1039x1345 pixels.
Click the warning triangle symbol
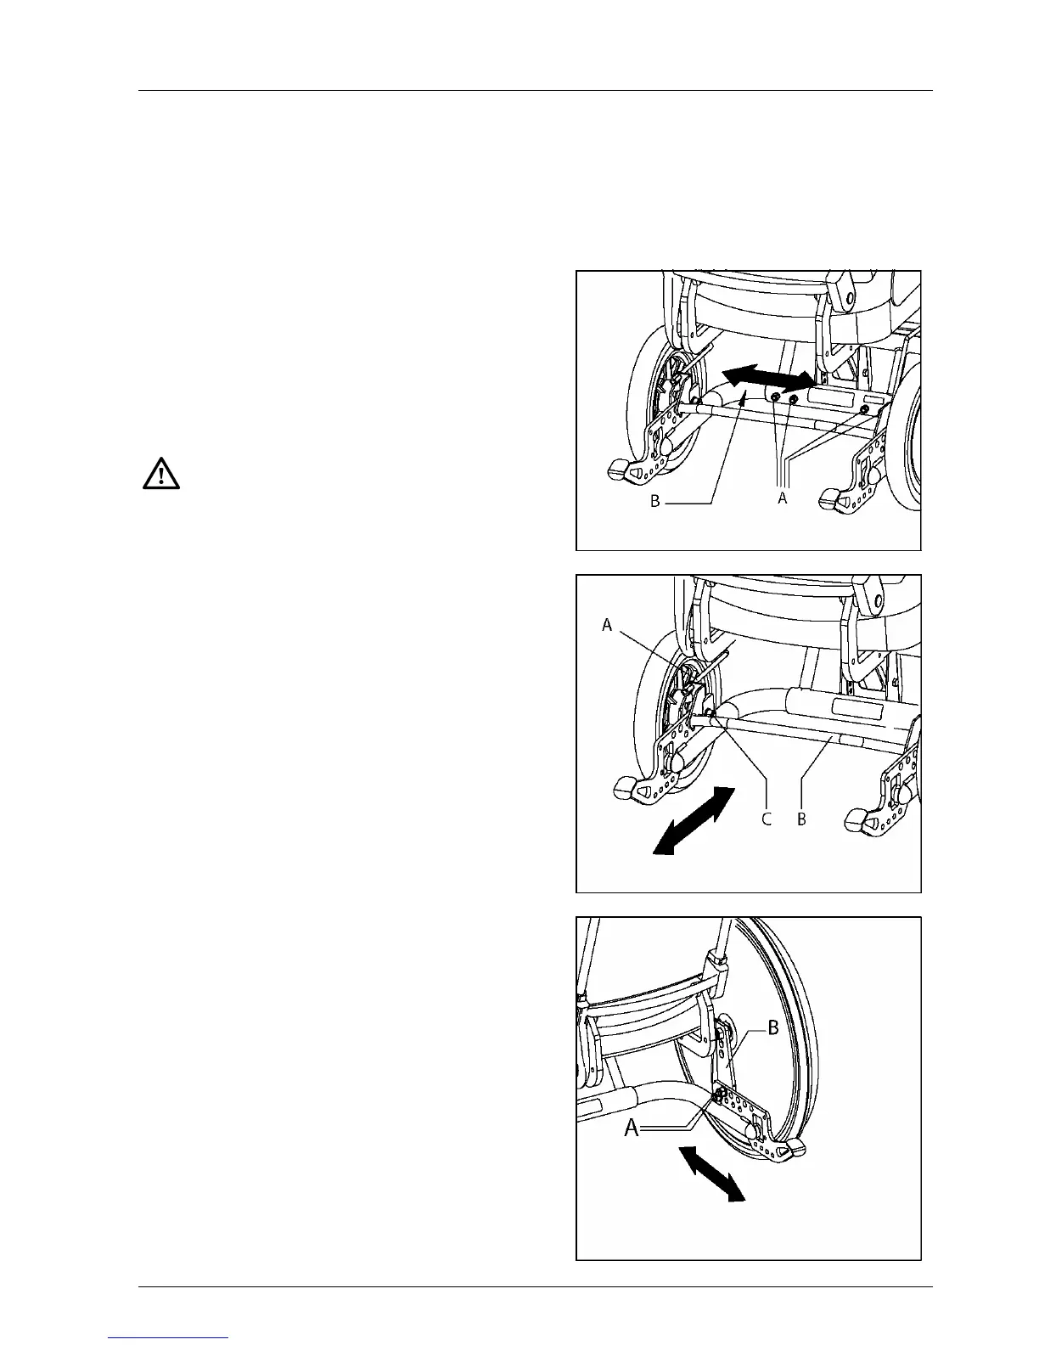point(161,474)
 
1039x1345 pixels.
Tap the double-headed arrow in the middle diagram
point(694,819)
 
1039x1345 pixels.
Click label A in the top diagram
point(783,499)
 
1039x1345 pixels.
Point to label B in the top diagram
point(655,502)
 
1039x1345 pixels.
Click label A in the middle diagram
point(607,625)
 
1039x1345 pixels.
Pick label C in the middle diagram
point(767,819)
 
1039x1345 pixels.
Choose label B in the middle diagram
point(802,819)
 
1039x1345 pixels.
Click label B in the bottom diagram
point(773,1028)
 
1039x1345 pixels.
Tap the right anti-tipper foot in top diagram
point(830,500)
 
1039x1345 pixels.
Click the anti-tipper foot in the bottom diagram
point(795,1150)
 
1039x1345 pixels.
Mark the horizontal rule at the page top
point(536,90)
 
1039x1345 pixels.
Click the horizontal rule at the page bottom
point(536,1287)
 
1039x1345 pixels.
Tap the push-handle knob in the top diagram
point(848,298)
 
